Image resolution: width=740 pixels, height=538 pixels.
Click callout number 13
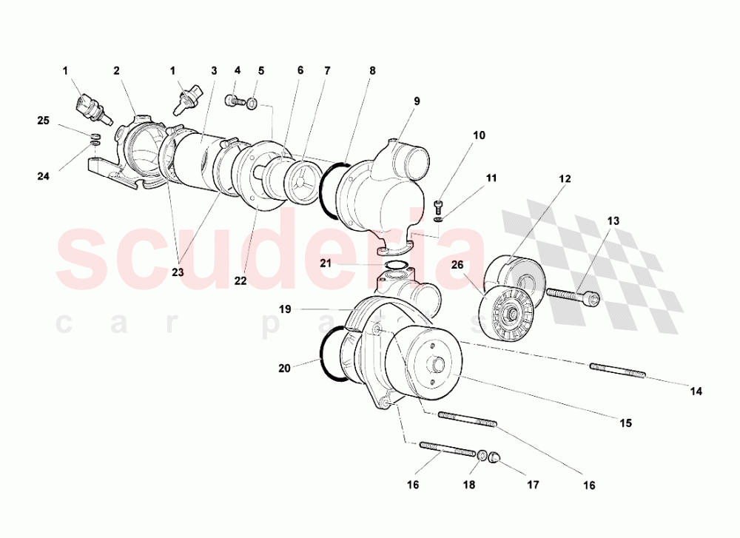[613, 221]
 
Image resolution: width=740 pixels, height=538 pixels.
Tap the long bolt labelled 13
[572, 295]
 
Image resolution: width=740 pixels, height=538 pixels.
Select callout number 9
[417, 101]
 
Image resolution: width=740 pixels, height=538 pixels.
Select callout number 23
[177, 272]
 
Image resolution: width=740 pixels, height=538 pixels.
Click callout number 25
[44, 120]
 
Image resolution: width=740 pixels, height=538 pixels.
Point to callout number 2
[116, 71]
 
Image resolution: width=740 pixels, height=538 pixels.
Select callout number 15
[625, 423]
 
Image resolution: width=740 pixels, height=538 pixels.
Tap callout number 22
[240, 280]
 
